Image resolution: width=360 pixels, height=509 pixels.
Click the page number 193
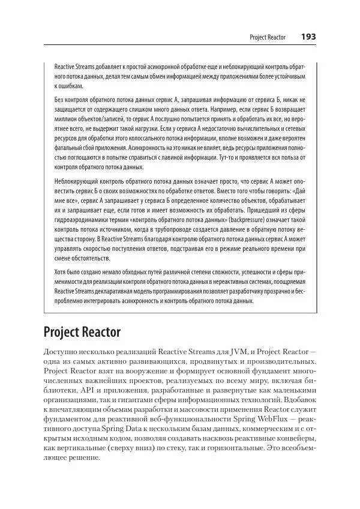(x=308, y=37)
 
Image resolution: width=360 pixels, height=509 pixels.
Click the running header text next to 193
(x=268, y=38)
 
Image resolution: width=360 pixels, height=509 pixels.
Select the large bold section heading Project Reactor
(x=82, y=331)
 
